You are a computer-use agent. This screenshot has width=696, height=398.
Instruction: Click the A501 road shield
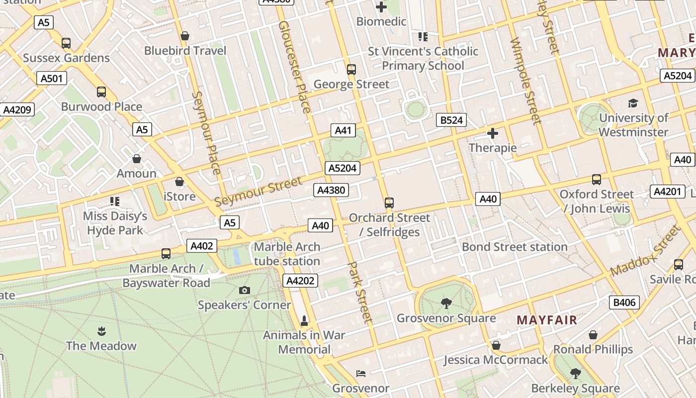point(52,78)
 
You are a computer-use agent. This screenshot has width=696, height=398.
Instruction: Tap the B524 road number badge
point(451,120)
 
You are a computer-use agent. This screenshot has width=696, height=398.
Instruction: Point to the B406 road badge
point(624,302)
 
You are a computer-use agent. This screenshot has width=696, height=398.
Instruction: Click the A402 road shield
point(202,245)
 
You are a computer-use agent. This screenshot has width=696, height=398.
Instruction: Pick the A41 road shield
point(343,130)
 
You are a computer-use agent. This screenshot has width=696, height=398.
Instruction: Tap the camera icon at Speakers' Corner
point(244,290)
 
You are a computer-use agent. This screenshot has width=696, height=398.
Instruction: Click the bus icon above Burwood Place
point(101,92)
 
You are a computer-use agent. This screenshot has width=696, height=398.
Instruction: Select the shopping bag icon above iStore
point(179,182)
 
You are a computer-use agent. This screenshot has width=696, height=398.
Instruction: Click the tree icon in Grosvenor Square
point(446,303)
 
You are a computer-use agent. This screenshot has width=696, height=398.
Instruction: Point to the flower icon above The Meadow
point(101,331)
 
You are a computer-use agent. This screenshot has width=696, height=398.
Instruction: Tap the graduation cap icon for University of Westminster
point(633,103)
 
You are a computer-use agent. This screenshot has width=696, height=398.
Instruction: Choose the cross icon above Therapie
point(493,133)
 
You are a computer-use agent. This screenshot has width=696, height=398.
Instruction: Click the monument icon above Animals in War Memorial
point(304,320)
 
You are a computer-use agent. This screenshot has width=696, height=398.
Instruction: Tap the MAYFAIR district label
point(547,320)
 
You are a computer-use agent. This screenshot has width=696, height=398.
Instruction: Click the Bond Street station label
point(515,247)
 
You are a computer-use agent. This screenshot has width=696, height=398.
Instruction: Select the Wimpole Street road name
point(526,80)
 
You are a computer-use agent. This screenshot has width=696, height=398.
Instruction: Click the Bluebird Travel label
point(185,51)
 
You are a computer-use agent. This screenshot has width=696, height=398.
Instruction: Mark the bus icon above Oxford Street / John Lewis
point(596,180)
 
